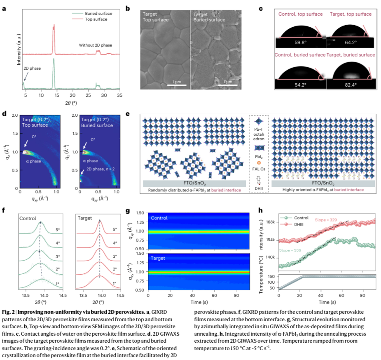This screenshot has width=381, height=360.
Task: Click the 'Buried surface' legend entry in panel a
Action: point(98,13)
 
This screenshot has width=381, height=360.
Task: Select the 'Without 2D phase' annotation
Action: point(95,45)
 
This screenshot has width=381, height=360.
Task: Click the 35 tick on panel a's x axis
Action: point(119,95)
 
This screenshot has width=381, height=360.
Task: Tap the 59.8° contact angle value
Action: point(299,42)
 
